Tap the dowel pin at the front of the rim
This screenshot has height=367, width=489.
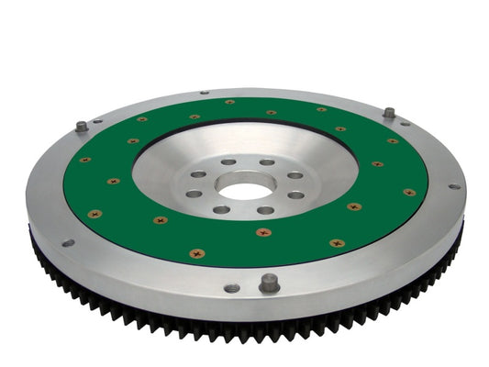tap(269, 283)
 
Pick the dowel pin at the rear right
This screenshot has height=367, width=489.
tap(389, 112)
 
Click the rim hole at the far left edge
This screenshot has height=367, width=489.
tap(67, 243)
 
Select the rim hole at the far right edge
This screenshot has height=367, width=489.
tap(453, 187)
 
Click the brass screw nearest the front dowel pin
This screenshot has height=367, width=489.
tap(264, 231)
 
